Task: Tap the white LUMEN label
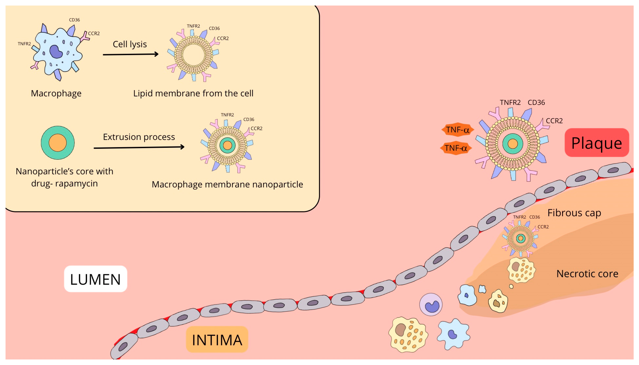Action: click(95, 279)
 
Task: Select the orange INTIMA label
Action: click(217, 340)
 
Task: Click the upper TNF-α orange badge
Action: click(457, 130)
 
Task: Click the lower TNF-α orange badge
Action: click(456, 148)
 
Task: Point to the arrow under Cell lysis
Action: click(130, 54)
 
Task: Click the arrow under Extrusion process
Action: click(139, 147)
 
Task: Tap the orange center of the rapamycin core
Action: click(58, 143)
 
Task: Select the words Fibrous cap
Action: click(574, 213)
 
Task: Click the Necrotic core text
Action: click(587, 274)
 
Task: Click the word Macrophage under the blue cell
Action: click(56, 93)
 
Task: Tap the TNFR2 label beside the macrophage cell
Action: click(24, 44)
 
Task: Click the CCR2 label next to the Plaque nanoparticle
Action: click(554, 121)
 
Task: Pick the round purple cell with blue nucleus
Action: click(431, 305)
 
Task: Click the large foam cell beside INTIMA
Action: click(408, 335)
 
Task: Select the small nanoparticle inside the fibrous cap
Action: click(520, 238)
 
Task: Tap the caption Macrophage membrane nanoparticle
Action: click(227, 184)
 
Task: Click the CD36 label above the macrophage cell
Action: click(74, 20)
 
